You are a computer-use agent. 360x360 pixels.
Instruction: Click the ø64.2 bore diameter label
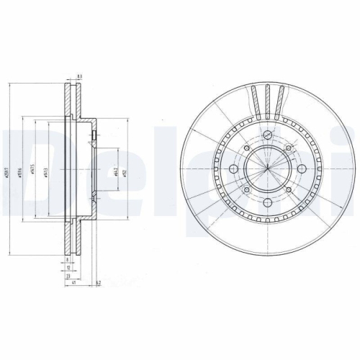117,171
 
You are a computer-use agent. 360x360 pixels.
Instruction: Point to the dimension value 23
68,275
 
